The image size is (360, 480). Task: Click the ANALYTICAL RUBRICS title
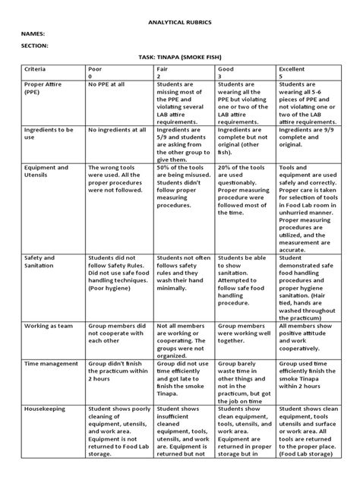180,23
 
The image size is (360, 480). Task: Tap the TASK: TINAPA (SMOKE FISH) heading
179,58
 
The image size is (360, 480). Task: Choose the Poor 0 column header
96,72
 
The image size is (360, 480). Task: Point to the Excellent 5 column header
292,72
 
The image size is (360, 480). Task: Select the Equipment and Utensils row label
46,172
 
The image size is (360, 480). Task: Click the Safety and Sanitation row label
39,262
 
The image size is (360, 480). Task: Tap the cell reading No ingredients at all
117,130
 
